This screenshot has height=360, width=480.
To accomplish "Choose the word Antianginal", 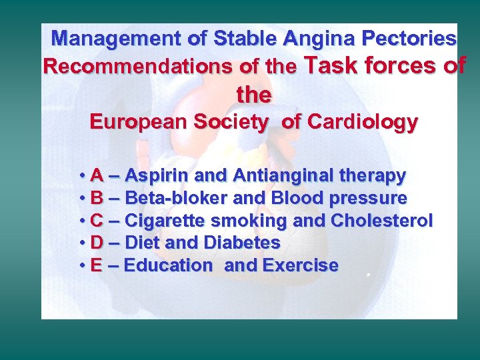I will click(x=282, y=176).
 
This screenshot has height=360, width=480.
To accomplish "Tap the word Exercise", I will click(x=301, y=265).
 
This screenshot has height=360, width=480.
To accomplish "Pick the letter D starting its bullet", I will click(x=96, y=243).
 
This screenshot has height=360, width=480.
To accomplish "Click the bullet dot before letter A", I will click(x=81, y=177).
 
